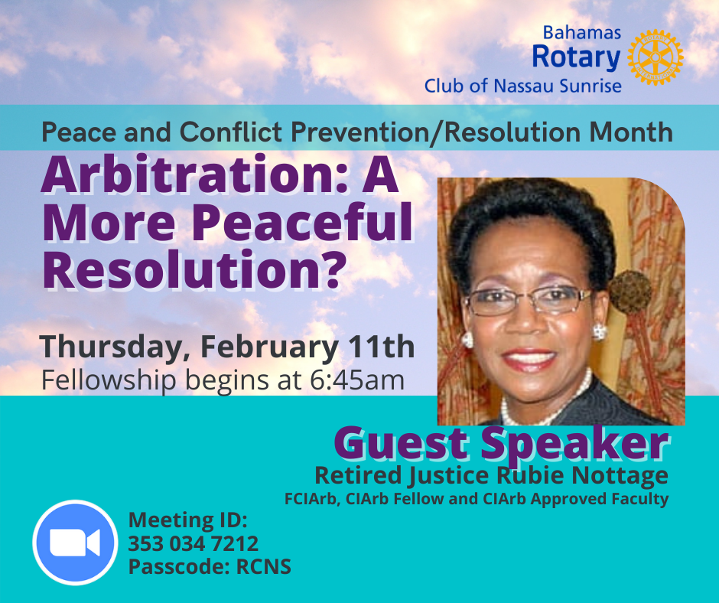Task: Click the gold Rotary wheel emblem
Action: (x=656, y=57)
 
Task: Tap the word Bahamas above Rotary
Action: (x=582, y=33)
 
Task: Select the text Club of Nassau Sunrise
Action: (x=522, y=86)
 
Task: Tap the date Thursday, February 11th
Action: (x=227, y=347)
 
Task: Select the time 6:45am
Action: (x=356, y=380)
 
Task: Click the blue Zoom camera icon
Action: (x=75, y=543)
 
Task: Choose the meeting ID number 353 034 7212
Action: (x=193, y=544)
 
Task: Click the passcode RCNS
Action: (x=263, y=567)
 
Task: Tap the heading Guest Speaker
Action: (x=502, y=443)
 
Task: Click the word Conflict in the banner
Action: (x=231, y=132)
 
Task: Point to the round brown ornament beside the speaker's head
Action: (x=630, y=292)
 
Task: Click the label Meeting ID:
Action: (x=187, y=520)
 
